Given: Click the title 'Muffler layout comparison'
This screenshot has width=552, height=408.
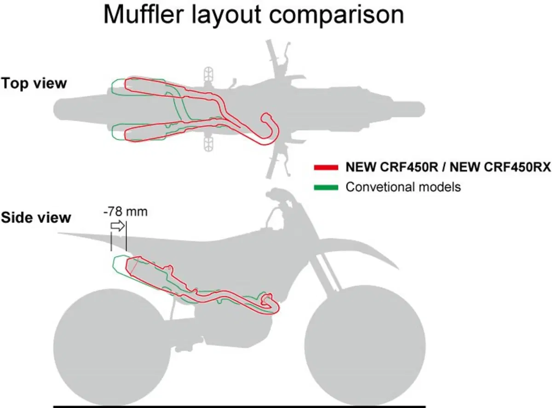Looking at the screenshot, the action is [x=253, y=15].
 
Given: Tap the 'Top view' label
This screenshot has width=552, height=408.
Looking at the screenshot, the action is [x=34, y=83].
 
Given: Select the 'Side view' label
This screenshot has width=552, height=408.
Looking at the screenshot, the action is [x=36, y=217].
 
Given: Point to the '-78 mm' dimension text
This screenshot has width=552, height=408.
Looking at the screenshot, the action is [x=126, y=212].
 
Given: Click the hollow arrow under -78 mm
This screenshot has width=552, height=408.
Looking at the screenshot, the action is [x=117, y=226].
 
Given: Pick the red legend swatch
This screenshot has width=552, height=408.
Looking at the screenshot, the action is [x=326, y=168].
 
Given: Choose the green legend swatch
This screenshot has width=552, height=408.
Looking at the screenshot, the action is [x=326, y=187].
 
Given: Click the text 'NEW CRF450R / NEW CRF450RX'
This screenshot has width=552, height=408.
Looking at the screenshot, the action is [x=448, y=167].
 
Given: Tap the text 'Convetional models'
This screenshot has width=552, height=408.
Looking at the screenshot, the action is [x=403, y=187].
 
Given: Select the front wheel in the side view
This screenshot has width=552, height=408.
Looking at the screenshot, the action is [x=365, y=345].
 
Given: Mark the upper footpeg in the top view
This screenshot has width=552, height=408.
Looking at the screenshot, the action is [x=208, y=74].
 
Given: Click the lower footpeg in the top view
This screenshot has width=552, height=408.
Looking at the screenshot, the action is [x=208, y=144].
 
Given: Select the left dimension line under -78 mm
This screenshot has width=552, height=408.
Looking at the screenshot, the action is [x=111, y=241].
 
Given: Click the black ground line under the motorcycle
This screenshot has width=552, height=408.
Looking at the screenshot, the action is [x=239, y=407].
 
